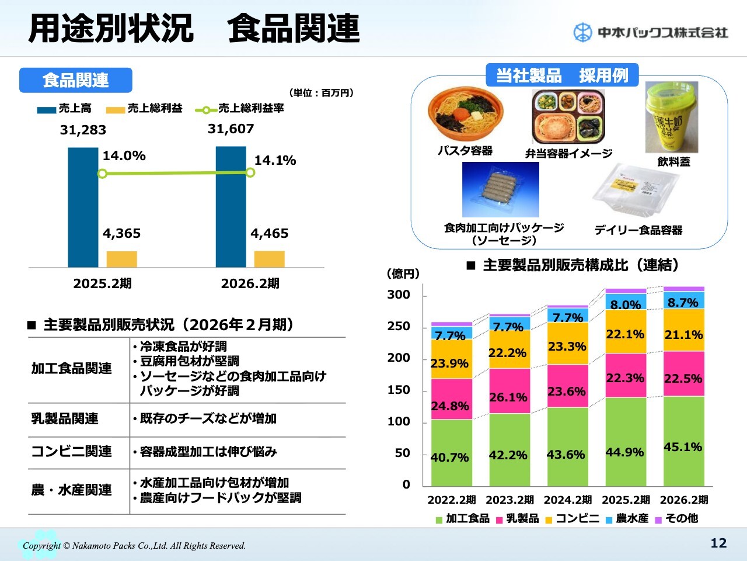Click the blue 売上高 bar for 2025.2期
point(83,207)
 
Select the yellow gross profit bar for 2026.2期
point(269,259)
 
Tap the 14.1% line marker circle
point(250,172)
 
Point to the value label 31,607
point(231,129)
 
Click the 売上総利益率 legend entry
point(240,109)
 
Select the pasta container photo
point(465,114)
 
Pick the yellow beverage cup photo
point(671,117)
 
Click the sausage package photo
point(500,190)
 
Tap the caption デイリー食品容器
point(638,230)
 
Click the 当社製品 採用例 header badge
point(562,75)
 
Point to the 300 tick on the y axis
point(399,295)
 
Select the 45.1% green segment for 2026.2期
point(683,441)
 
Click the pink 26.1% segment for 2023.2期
point(508,391)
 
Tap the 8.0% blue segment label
point(626,304)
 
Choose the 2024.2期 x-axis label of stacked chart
point(567,500)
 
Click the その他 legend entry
point(676,518)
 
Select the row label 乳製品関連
point(65,419)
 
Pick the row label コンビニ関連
point(71,452)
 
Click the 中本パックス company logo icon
point(582,32)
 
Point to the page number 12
point(718,543)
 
